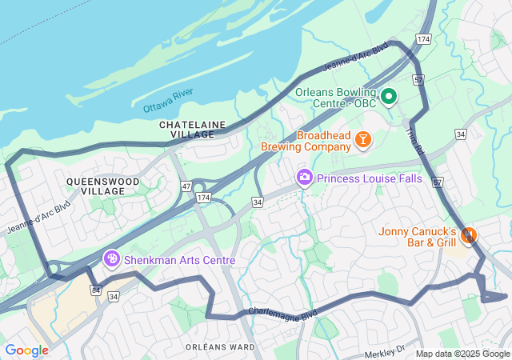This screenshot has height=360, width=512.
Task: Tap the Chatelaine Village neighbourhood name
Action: [x=192, y=130]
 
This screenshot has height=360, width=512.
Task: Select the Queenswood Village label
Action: [x=102, y=186]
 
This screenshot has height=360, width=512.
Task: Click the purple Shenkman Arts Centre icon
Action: [x=113, y=259]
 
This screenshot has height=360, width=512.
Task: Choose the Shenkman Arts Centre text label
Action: [x=179, y=260]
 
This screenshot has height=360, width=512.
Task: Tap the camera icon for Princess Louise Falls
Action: [x=304, y=178]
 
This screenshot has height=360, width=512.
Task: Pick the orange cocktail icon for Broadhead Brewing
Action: [x=363, y=141]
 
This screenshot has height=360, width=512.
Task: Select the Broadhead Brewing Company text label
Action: [x=306, y=141]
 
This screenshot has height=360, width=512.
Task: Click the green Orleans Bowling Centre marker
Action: [x=389, y=98]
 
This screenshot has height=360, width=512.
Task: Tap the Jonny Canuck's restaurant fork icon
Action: [x=469, y=236]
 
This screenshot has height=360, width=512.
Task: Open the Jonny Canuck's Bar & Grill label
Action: [x=418, y=237]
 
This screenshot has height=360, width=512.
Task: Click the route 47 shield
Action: [x=186, y=186]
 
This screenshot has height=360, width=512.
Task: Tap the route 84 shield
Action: [x=96, y=290]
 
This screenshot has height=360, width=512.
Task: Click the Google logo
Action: [x=27, y=350]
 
